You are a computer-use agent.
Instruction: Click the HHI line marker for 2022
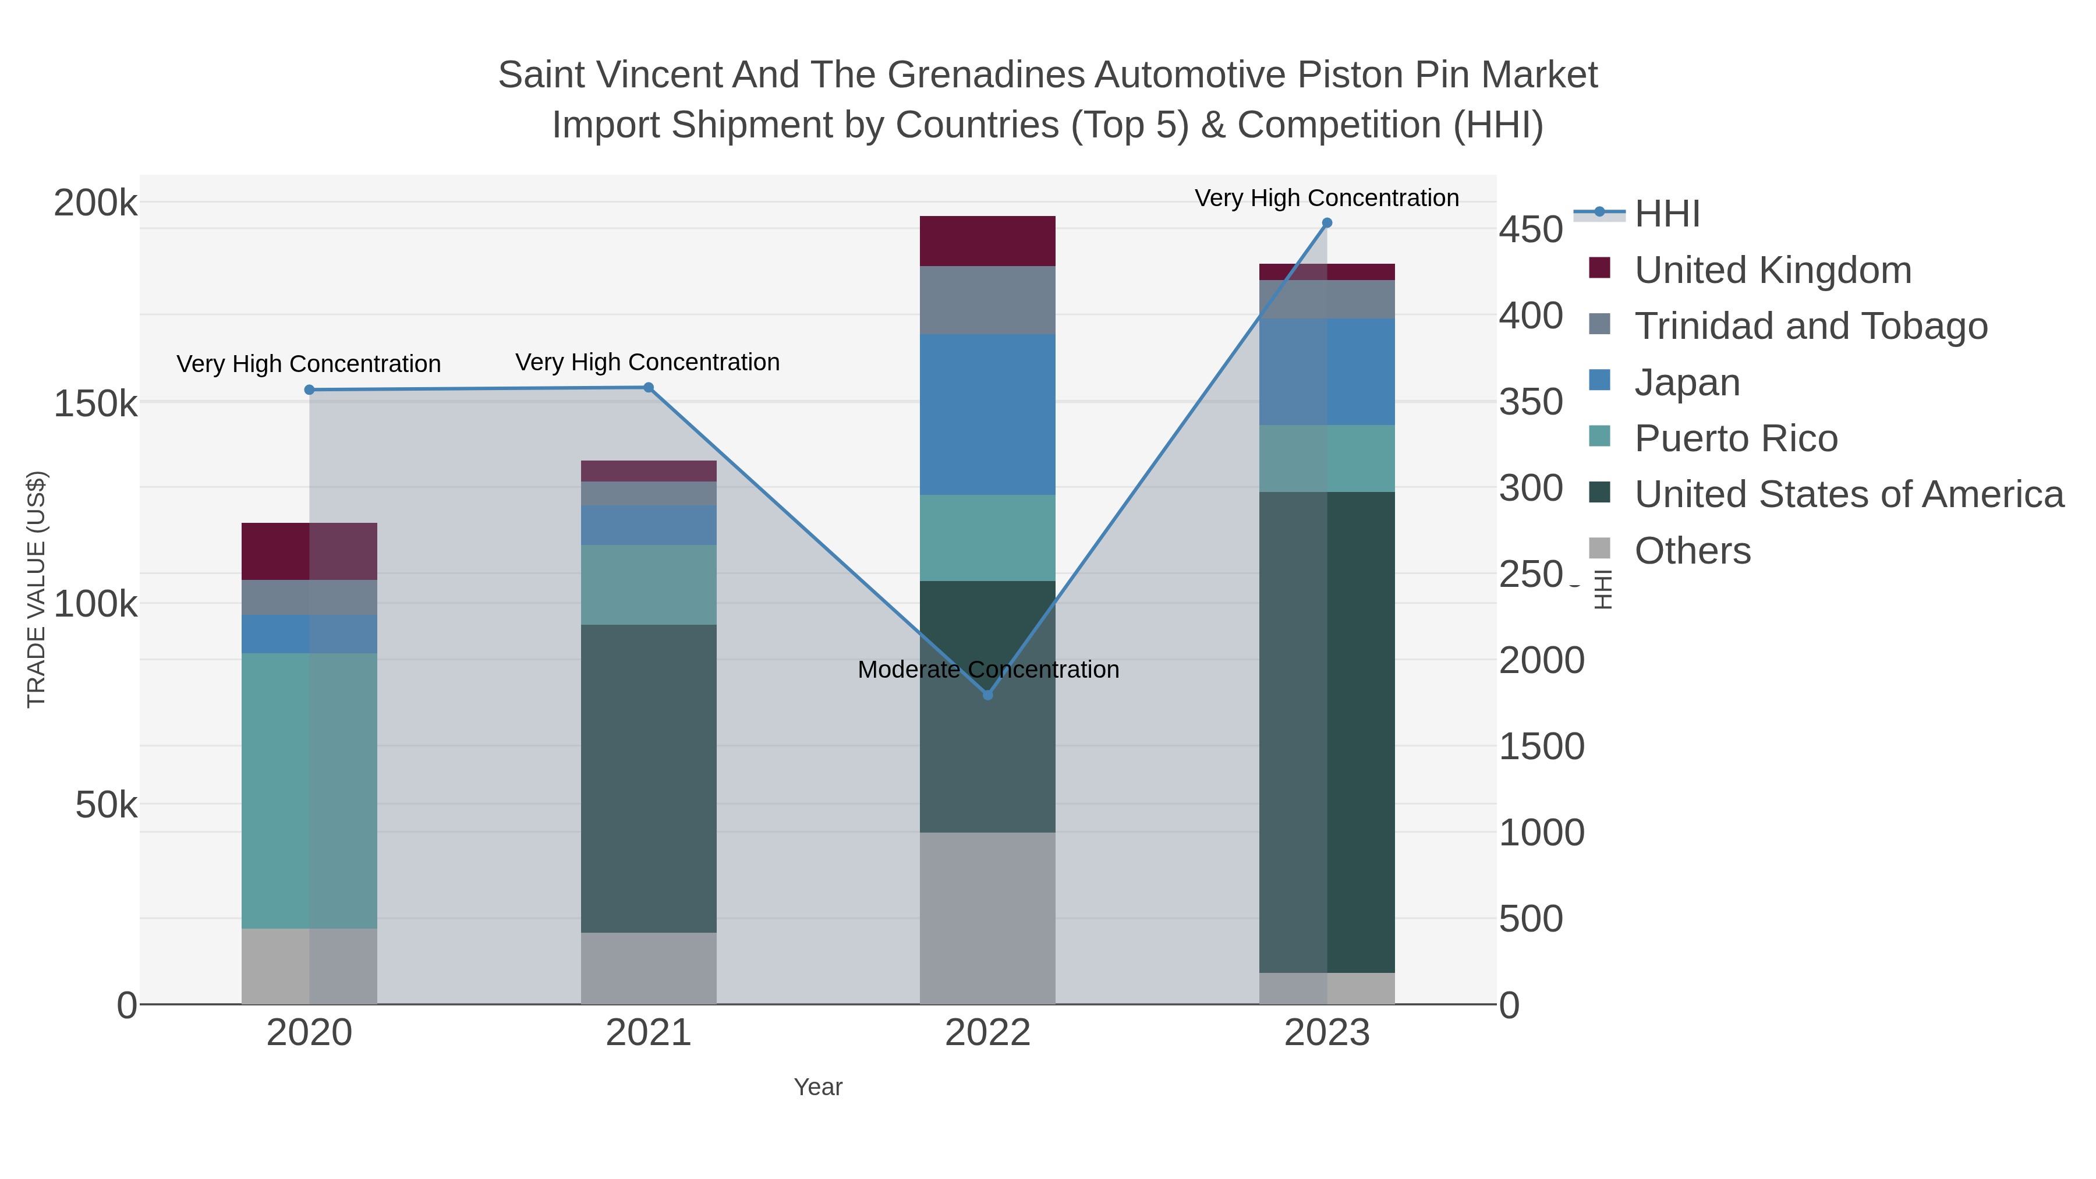pyautogui.click(x=988, y=695)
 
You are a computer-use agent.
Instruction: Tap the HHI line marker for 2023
pyautogui.click(x=1327, y=223)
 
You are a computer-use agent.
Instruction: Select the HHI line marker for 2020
pyautogui.click(x=309, y=390)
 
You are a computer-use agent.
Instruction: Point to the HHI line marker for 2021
pyautogui.click(x=649, y=387)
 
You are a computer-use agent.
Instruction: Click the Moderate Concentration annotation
pyautogui.click(x=988, y=670)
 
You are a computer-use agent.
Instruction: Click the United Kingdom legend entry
pyautogui.click(x=1772, y=270)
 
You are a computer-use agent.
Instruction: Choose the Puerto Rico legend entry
pyautogui.click(x=1736, y=438)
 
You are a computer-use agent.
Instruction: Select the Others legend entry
pyautogui.click(x=1693, y=551)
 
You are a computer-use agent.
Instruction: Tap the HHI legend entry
pyautogui.click(x=1666, y=214)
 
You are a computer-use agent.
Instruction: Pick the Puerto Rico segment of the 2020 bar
pyautogui.click(x=309, y=790)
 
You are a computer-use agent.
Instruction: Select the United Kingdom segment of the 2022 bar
pyautogui.click(x=988, y=241)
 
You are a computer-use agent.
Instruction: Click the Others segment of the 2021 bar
pyautogui.click(x=649, y=968)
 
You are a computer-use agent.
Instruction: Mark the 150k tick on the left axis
pyautogui.click(x=95, y=403)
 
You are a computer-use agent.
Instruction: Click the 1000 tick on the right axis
pyautogui.click(x=1541, y=833)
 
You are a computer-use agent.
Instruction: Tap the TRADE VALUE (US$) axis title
pyautogui.click(x=37, y=589)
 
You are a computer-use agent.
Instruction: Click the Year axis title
pyautogui.click(x=818, y=1087)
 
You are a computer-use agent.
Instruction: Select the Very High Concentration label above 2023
pyautogui.click(x=1326, y=198)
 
